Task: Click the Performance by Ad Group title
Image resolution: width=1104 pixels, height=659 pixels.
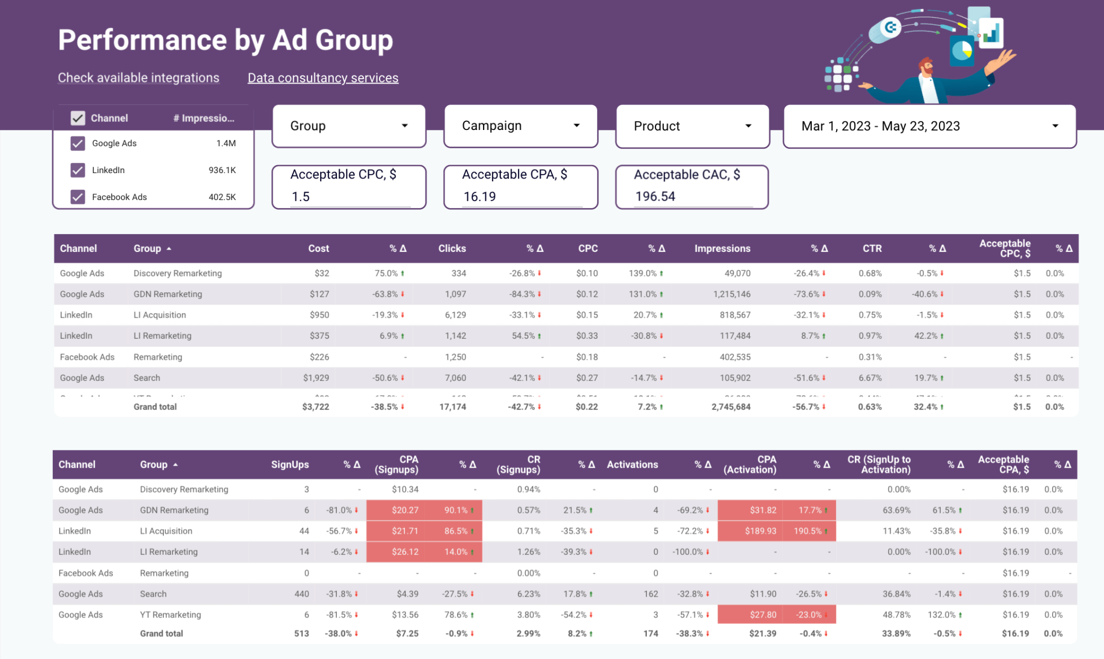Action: click(x=225, y=40)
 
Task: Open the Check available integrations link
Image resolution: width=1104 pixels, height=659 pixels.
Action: click(x=139, y=78)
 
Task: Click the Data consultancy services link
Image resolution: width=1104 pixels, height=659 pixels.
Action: click(x=323, y=78)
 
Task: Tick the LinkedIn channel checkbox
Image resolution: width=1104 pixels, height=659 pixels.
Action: click(x=78, y=170)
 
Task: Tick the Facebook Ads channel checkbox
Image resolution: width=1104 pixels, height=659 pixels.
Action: click(x=78, y=197)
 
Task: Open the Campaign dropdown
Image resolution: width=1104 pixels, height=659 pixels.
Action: click(x=521, y=126)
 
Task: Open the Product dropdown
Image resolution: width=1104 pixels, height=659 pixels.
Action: click(x=692, y=126)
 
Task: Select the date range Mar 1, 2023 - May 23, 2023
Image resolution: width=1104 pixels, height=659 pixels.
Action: click(x=929, y=126)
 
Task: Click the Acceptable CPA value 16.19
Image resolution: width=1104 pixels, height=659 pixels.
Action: click(x=479, y=197)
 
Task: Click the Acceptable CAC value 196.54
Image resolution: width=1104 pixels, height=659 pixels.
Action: click(x=654, y=197)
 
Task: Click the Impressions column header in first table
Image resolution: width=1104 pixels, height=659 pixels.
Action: click(x=722, y=249)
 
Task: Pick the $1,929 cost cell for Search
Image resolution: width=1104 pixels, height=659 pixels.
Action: click(x=316, y=378)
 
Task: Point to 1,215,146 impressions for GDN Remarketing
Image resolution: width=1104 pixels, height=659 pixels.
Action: click(x=732, y=294)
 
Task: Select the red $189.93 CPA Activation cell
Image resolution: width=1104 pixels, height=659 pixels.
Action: click(x=760, y=531)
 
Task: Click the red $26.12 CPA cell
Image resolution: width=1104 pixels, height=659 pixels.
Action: click(x=405, y=552)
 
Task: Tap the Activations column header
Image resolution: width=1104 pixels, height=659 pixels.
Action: click(x=632, y=464)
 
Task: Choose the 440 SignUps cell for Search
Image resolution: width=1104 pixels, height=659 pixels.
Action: click(x=301, y=594)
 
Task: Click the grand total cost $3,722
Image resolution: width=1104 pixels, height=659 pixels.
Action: click(x=315, y=407)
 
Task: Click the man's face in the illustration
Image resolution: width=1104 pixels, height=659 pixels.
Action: click(x=926, y=67)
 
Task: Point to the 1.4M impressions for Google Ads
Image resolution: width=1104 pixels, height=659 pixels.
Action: click(x=226, y=143)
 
